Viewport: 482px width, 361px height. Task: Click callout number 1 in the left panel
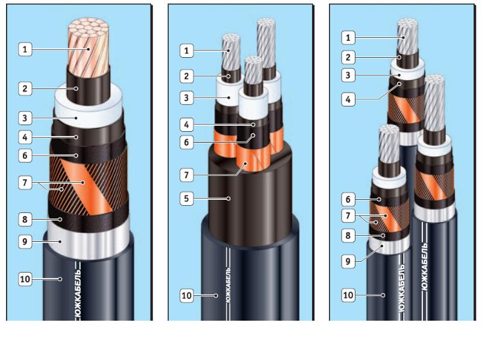point(25,49)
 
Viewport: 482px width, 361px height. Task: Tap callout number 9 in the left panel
point(25,242)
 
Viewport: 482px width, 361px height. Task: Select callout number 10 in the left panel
point(25,279)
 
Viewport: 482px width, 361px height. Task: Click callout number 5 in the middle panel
point(187,199)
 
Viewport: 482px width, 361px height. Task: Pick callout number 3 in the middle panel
point(187,98)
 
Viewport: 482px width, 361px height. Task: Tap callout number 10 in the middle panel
point(187,295)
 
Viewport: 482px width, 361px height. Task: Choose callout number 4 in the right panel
point(348,99)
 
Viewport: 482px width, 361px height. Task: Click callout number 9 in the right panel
point(348,261)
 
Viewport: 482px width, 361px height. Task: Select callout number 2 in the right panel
point(348,57)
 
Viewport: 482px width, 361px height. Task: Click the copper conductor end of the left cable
point(89,46)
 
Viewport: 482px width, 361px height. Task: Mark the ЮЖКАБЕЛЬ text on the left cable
point(78,292)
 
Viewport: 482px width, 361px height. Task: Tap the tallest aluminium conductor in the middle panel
point(267,43)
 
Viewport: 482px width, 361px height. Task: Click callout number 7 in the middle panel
point(187,175)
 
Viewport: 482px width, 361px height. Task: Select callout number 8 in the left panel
point(25,220)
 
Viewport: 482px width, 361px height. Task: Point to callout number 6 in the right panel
point(348,200)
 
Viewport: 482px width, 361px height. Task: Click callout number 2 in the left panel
point(25,88)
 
